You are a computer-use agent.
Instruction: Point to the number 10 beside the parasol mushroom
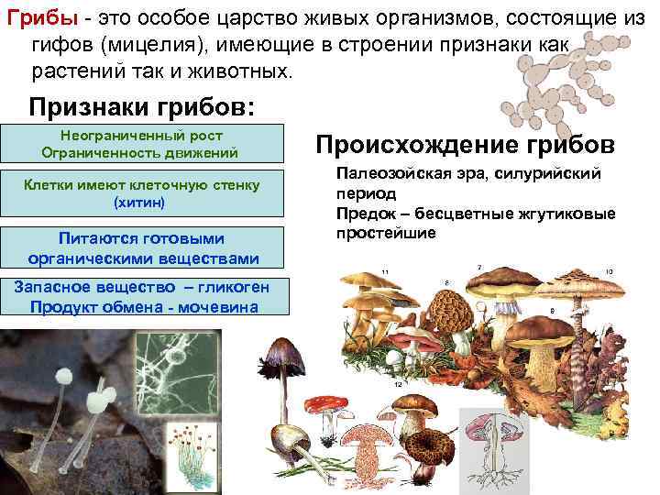pyautogui.click(x=609, y=272)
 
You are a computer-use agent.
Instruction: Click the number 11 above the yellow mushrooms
pyautogui.click(x=386, y=272)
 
